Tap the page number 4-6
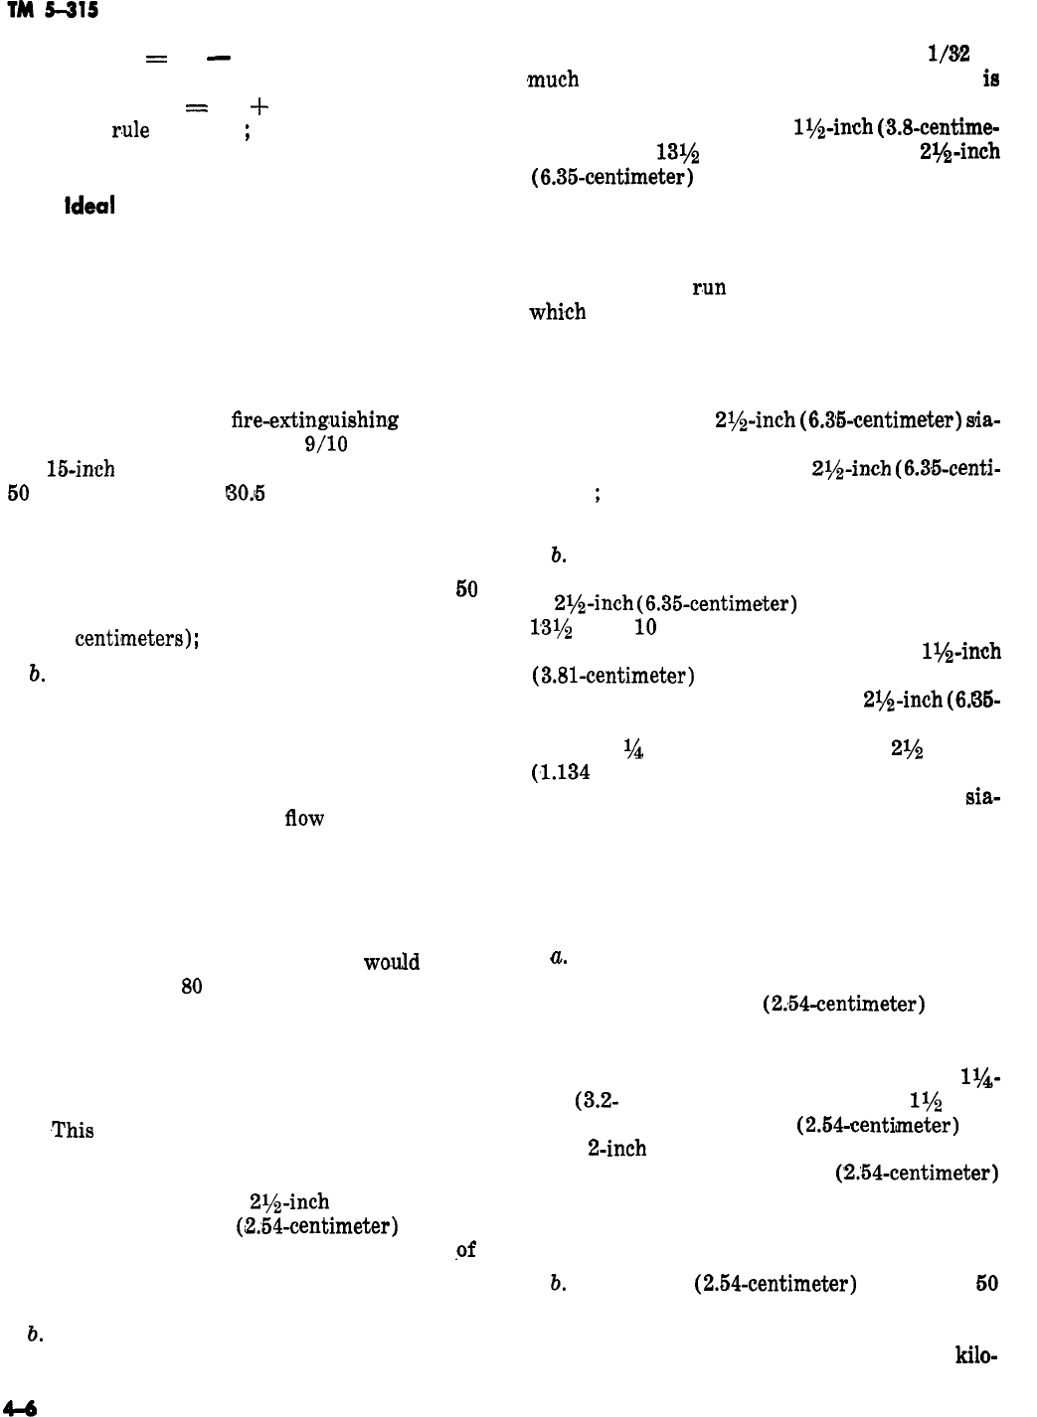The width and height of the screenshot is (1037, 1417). [20, 1406]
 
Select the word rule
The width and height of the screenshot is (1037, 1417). [130, 130]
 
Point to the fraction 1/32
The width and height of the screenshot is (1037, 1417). [948, 57]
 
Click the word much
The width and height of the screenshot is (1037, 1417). [553, 79]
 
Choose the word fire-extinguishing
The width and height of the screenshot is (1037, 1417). [315, 420]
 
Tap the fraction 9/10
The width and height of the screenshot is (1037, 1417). [326, 444]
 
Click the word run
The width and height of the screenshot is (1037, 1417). [709, 288]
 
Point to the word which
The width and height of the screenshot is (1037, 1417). [558, 312]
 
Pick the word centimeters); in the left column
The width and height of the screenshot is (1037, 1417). [139, 639]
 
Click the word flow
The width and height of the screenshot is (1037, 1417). [304, 819]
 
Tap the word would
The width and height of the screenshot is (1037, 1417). [392, 963]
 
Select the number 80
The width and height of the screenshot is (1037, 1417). [192, 987]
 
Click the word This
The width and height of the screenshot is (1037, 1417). [73, 1130]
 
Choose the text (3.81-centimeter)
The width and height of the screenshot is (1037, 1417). [612, 677]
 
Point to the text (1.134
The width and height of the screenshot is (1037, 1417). [562, 772]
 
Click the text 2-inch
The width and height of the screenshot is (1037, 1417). [617, 1149]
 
